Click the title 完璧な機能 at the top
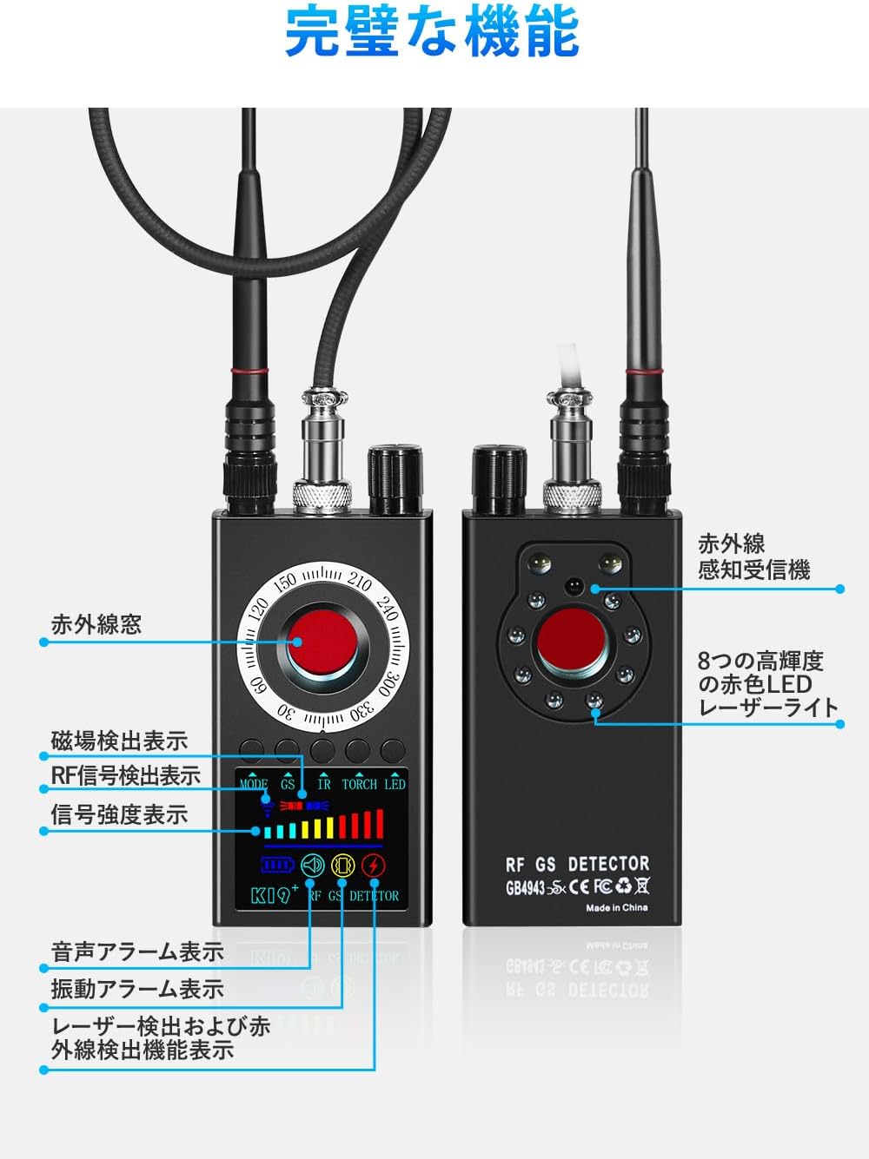tap(432, 31)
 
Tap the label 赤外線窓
tap(96, 625)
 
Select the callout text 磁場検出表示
tap(119, 741)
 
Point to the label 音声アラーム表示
tap(137, 952)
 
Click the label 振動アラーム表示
tap(137, 989)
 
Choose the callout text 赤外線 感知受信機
tap(753, 557)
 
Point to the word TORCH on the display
tap(359, 784)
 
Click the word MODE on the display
tap(254, 784)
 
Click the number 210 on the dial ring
tap(360, 582)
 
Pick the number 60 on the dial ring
tap(258, 685)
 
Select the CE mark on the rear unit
tap(579, 886)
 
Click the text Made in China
tap(616, 907)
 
